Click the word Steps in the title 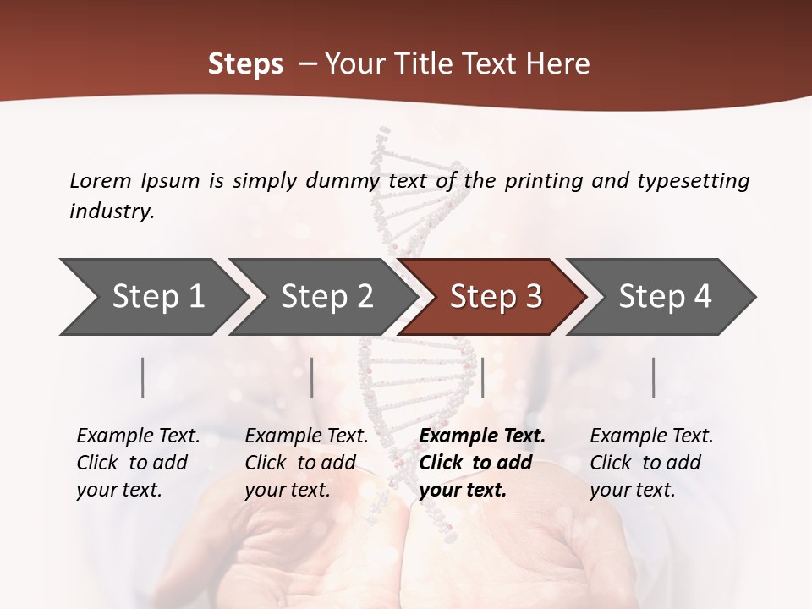click(245, 64)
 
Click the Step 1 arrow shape click(152, 297)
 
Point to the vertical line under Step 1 click(143, 377)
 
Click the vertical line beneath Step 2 click(312, 377)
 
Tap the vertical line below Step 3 click(482, 377)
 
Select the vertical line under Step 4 click(653, 377)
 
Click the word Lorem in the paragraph click(101, 181)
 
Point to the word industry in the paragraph click(112, 211)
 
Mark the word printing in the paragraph click(540, 181)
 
